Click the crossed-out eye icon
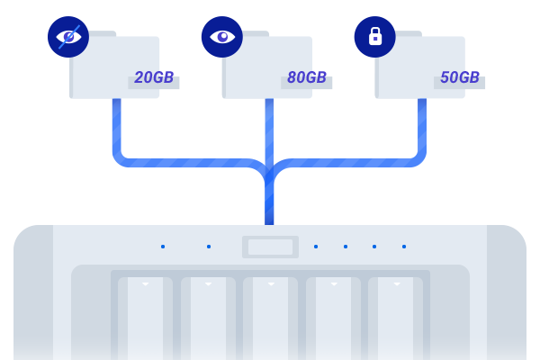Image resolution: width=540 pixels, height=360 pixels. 68,37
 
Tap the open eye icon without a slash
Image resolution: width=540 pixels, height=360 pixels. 221,37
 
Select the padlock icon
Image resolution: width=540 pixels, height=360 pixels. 374,37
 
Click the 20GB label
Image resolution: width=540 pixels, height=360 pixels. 154,78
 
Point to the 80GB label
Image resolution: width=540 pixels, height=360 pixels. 307,78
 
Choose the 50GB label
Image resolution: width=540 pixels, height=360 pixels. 460,78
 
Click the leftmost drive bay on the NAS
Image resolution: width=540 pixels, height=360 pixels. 145,319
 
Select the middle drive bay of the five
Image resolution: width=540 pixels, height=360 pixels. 270,319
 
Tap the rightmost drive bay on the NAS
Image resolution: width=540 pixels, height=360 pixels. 396,319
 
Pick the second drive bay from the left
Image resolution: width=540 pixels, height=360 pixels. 208,319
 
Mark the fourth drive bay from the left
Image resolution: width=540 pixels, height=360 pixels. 333,319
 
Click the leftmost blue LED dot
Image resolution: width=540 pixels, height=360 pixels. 163,247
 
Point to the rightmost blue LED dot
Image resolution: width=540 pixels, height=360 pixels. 404,247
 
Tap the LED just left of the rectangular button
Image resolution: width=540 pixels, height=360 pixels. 209,247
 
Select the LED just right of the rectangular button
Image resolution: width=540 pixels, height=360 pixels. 316,247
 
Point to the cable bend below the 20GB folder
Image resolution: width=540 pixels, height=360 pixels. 121,157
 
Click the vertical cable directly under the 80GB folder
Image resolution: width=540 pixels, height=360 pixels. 269,126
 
